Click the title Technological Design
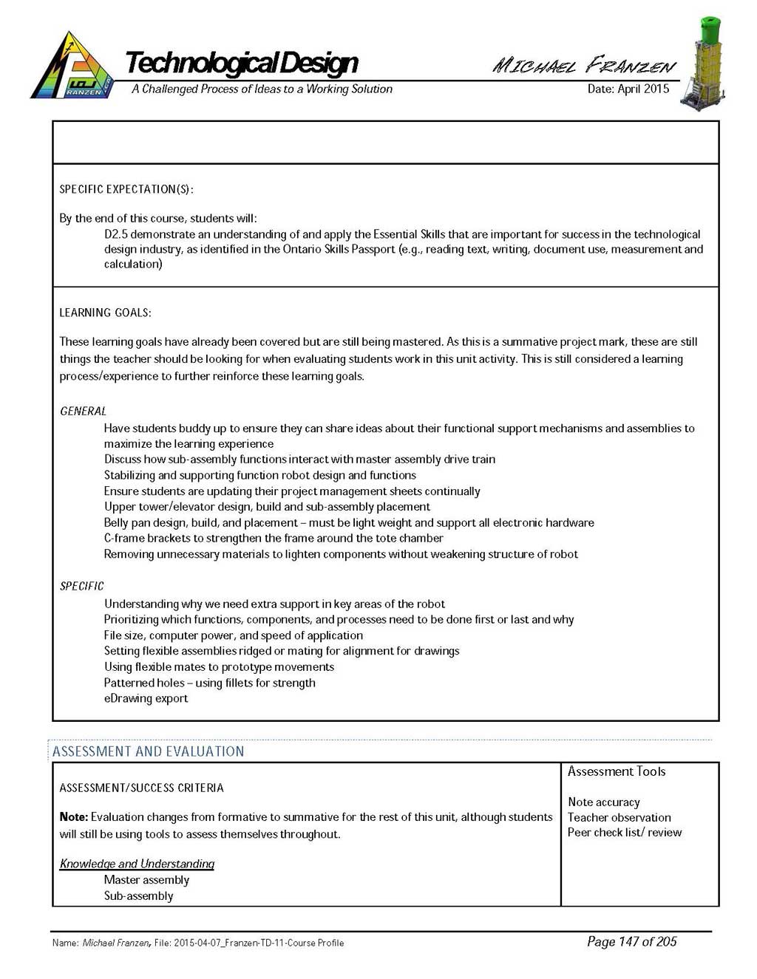tap(242, 63)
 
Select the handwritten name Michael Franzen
tap(584, 65)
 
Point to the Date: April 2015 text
tap(628, 89)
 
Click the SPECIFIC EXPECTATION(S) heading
tap(126, 189)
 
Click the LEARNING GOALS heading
tap(105, 313)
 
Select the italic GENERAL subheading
tap(83, 411)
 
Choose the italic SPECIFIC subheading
tap(81, 586)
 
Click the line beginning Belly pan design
tap(349, 522)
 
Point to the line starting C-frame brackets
tap(274, 538)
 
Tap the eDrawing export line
tap(146, 698)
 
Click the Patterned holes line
tap(209, 683)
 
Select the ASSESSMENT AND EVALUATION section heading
tap(148, 751)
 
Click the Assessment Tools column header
tap(617, 771)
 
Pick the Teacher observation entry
tap(619, 817)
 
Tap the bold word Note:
tap(74, 817)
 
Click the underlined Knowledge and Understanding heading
tap(137, 864)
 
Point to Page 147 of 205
tap(631, 941)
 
